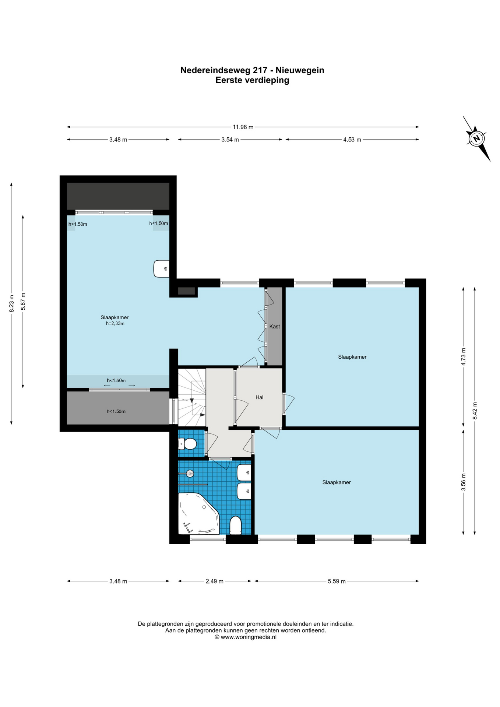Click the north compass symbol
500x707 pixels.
[x=476, y=139]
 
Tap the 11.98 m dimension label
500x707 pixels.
[x=243, y=127]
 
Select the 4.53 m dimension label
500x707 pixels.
[x=352, y=140]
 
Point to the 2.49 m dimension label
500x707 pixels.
[x=214, y=581]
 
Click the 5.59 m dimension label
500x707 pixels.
[x=337, y=581]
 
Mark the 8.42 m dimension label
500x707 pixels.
[x=475, y=410]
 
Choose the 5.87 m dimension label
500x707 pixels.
[x=23, y=301]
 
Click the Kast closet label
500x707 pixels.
[x=275, y=327]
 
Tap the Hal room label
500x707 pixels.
[x=260, y=397]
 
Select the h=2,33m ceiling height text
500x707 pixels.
[x=115, y=324]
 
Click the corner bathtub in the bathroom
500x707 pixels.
[x=198, y=514]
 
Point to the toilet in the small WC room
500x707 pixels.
[x=187, y=444]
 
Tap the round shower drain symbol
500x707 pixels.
[x=190, y=474]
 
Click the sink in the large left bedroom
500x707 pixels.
[x=161, y=268]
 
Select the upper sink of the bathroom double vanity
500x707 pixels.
[x=244, y=472]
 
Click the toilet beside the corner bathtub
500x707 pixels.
[x=235, y=525]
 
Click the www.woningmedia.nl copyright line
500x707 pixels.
[x=246, y=637]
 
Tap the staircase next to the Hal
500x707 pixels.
[x=192, y=397]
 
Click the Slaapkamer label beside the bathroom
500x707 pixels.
[x=337, y=482]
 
